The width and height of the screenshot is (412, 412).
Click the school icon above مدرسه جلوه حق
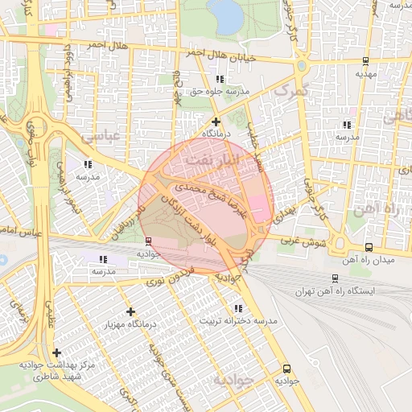220,80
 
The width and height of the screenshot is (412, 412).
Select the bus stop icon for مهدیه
366,60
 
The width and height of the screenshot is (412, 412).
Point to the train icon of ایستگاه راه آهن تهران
335,278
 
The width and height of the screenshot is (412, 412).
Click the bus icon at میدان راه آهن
369,247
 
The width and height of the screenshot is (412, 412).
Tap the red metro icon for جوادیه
148,241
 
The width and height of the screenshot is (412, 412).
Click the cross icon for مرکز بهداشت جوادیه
56,352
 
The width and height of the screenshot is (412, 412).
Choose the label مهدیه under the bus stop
366,73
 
